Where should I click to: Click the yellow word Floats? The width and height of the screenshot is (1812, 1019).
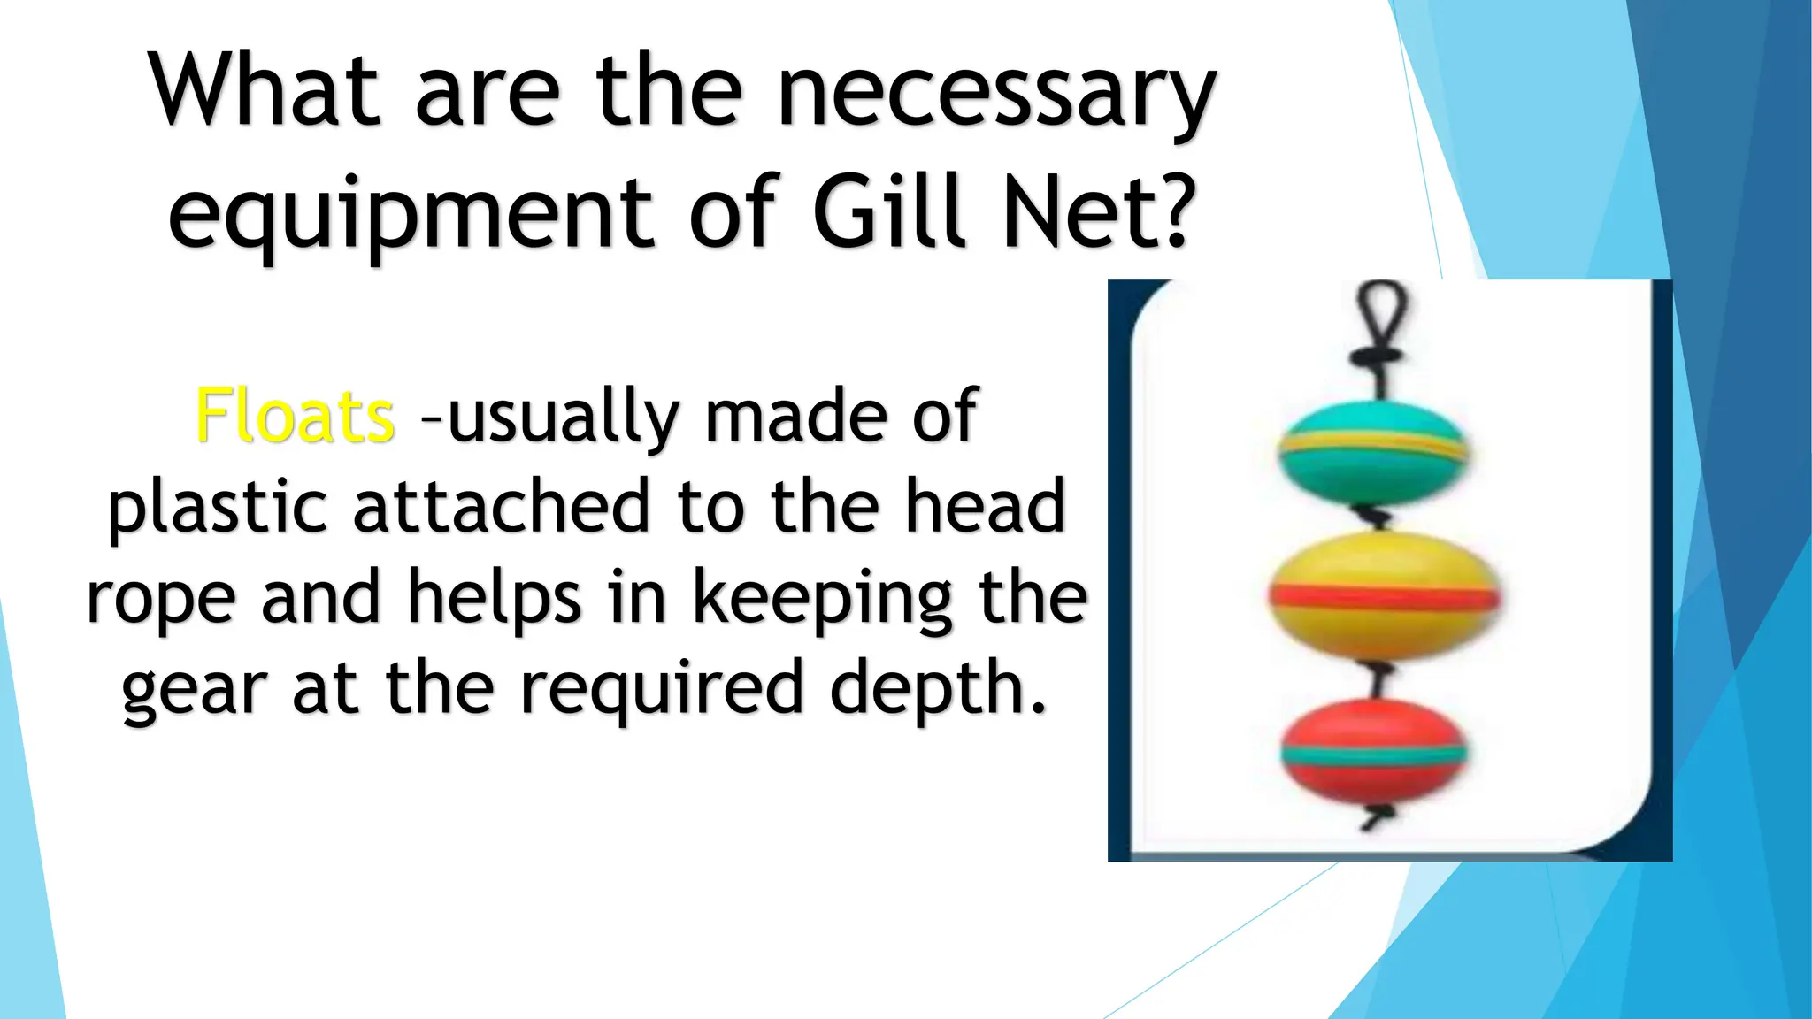coord(295,416)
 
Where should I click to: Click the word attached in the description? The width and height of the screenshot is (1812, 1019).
coord(502,506)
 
